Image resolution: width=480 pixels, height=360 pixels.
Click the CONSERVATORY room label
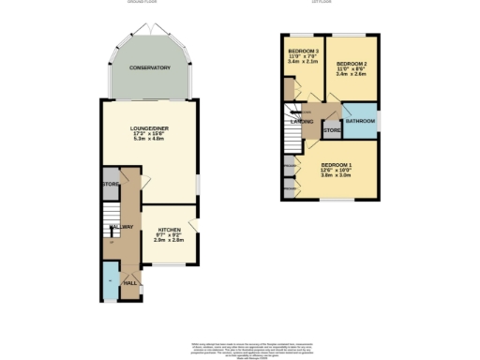tap(150, 67)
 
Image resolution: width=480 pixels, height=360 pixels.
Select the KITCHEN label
tap(170, 229)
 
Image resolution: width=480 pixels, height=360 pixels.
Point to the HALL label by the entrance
tap(130, 282)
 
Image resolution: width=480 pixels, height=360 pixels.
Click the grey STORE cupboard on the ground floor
tap(110, 184)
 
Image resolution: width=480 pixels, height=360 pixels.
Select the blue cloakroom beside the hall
tap(110, 278)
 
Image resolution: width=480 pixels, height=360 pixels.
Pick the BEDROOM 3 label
tap(304, 50)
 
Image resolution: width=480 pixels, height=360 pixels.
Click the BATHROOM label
tap(360, 122)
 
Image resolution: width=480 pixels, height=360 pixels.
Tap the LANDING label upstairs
tap(302, 122)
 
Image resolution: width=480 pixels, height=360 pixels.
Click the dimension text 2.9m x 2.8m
tap(170, 240)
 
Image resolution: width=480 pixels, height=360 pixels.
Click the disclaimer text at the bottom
tap(240, 349)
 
